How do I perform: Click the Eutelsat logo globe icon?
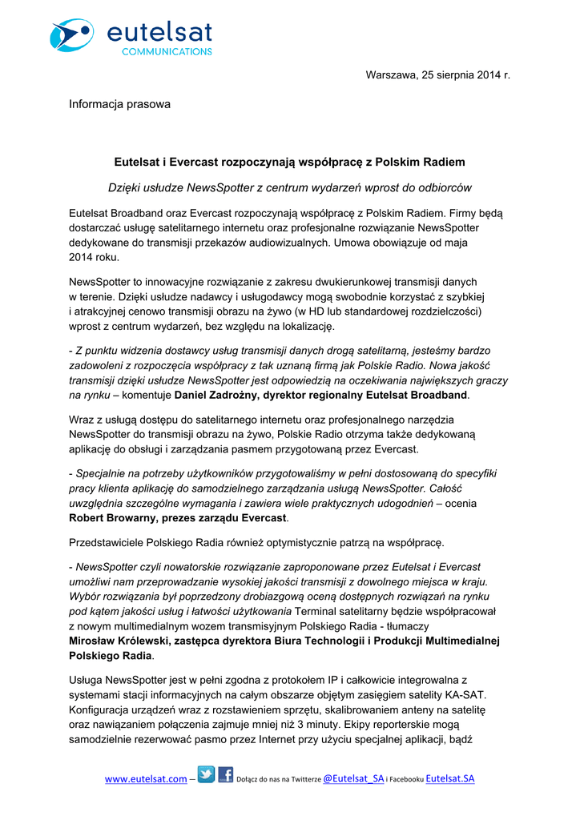tap(71, 35)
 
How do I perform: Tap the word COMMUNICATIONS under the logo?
tap(167, 51)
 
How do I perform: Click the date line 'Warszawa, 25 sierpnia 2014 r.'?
tap(437, 74)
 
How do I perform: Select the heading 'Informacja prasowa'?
tap(119, 104)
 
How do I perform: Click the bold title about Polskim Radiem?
tap(289, 162)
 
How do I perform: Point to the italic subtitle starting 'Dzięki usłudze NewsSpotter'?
tap(289, 187)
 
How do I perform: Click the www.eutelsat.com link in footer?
tap(146, 778)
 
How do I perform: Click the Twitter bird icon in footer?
tap(206, 775)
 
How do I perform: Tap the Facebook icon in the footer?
tap(225, 775)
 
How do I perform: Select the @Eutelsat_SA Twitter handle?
tap(352, 778)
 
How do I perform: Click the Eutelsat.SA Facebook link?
tap(450, 778)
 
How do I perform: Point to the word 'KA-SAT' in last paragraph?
tap(468, 693)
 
